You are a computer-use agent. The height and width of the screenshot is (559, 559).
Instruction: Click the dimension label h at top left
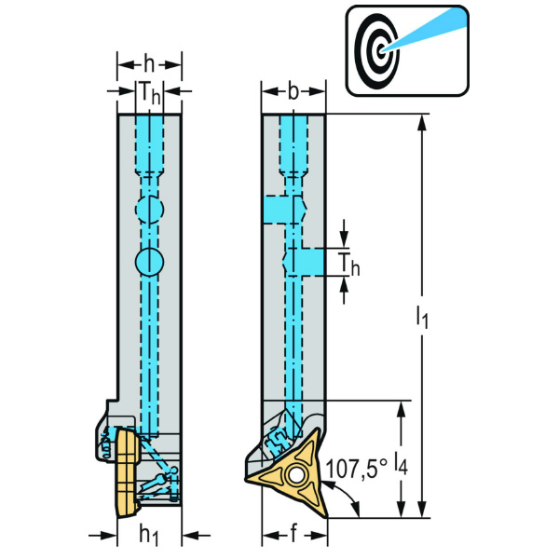tap(149, 65)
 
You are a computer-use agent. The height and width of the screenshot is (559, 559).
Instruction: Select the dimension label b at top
tap(293, 91)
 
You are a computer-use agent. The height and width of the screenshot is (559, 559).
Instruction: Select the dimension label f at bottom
tap(294, 535)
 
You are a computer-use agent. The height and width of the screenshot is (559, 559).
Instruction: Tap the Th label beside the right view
tap(348, 265)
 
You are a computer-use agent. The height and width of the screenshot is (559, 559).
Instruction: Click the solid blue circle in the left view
tap(148, 262)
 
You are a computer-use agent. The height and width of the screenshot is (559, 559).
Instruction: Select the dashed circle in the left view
tap(148, 210)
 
